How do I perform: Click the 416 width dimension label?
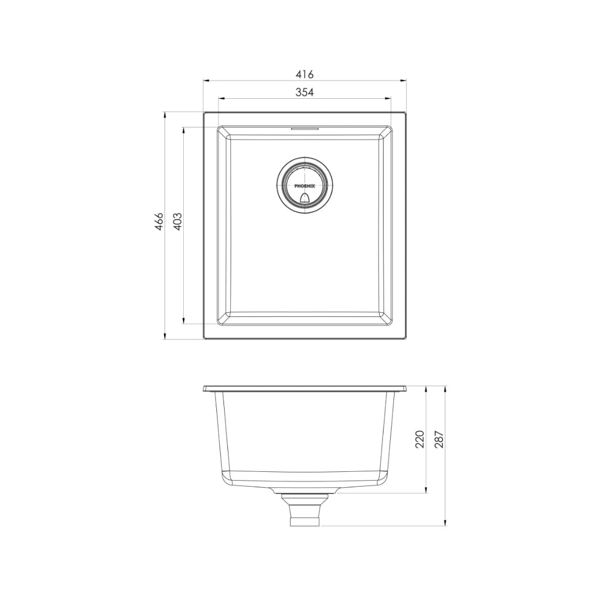305,74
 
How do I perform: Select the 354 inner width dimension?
305,92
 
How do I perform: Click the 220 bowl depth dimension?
419,439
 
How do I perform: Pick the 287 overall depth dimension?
439,439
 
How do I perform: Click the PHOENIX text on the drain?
305,187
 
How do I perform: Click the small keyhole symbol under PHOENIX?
305,197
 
